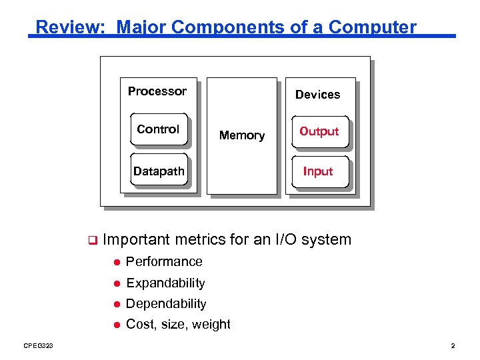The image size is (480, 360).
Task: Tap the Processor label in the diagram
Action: point(157,91)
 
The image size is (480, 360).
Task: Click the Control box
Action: point(158,129)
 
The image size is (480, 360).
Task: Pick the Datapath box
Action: point(159,171)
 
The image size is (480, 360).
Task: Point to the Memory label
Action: point(242,135)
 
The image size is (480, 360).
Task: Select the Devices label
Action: point(317,95)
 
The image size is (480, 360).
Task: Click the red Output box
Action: point(319,131)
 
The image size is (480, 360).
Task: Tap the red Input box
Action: point(318,171)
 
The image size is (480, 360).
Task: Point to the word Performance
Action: point(164,261)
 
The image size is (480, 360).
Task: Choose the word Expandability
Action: point(165,283)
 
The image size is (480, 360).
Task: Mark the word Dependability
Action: point(166,303)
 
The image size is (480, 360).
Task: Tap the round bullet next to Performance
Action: point(116,262)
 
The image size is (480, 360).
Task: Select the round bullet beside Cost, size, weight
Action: point(116,325)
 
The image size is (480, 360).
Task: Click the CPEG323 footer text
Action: point(39,345)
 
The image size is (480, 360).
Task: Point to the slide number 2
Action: point(453,345)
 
